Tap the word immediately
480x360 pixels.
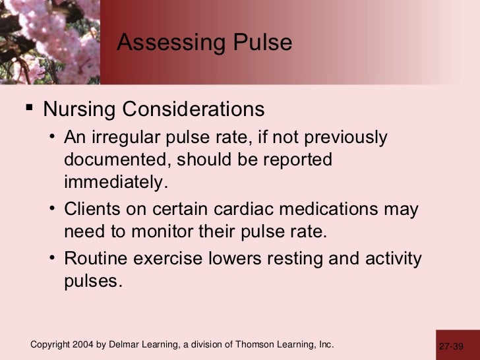click(112, 181)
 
